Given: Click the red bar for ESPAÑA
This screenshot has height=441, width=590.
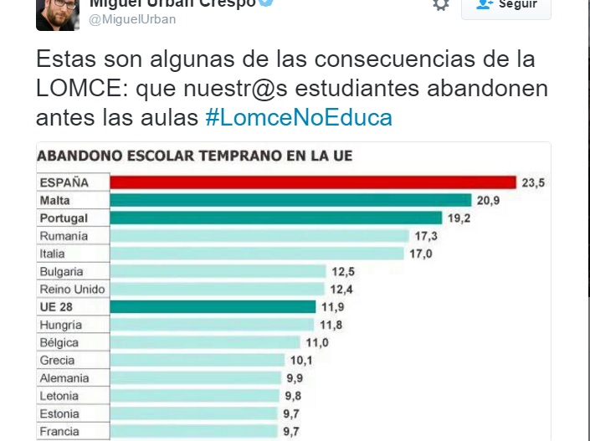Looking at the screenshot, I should point(313,182).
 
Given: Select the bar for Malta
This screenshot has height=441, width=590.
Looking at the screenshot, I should point(291,200).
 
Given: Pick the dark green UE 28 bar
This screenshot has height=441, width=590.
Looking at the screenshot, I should point(213,307).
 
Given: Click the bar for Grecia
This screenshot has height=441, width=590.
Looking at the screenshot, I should point(198,361).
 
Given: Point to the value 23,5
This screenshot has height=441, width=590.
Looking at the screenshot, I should point(533,182).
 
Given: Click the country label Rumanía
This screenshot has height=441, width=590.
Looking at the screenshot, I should point(64,236).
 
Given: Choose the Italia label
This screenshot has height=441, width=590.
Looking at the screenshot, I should point(52,254).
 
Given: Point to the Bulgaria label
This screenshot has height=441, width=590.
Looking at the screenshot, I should point(61,272).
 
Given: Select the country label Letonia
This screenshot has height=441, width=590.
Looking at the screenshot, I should point(59,396).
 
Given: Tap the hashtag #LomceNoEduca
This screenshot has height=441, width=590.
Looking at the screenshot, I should point(298,117).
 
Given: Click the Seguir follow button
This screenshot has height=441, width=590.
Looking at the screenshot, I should point(506,5).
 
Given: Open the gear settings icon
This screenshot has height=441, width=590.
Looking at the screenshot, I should point(441,5).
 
